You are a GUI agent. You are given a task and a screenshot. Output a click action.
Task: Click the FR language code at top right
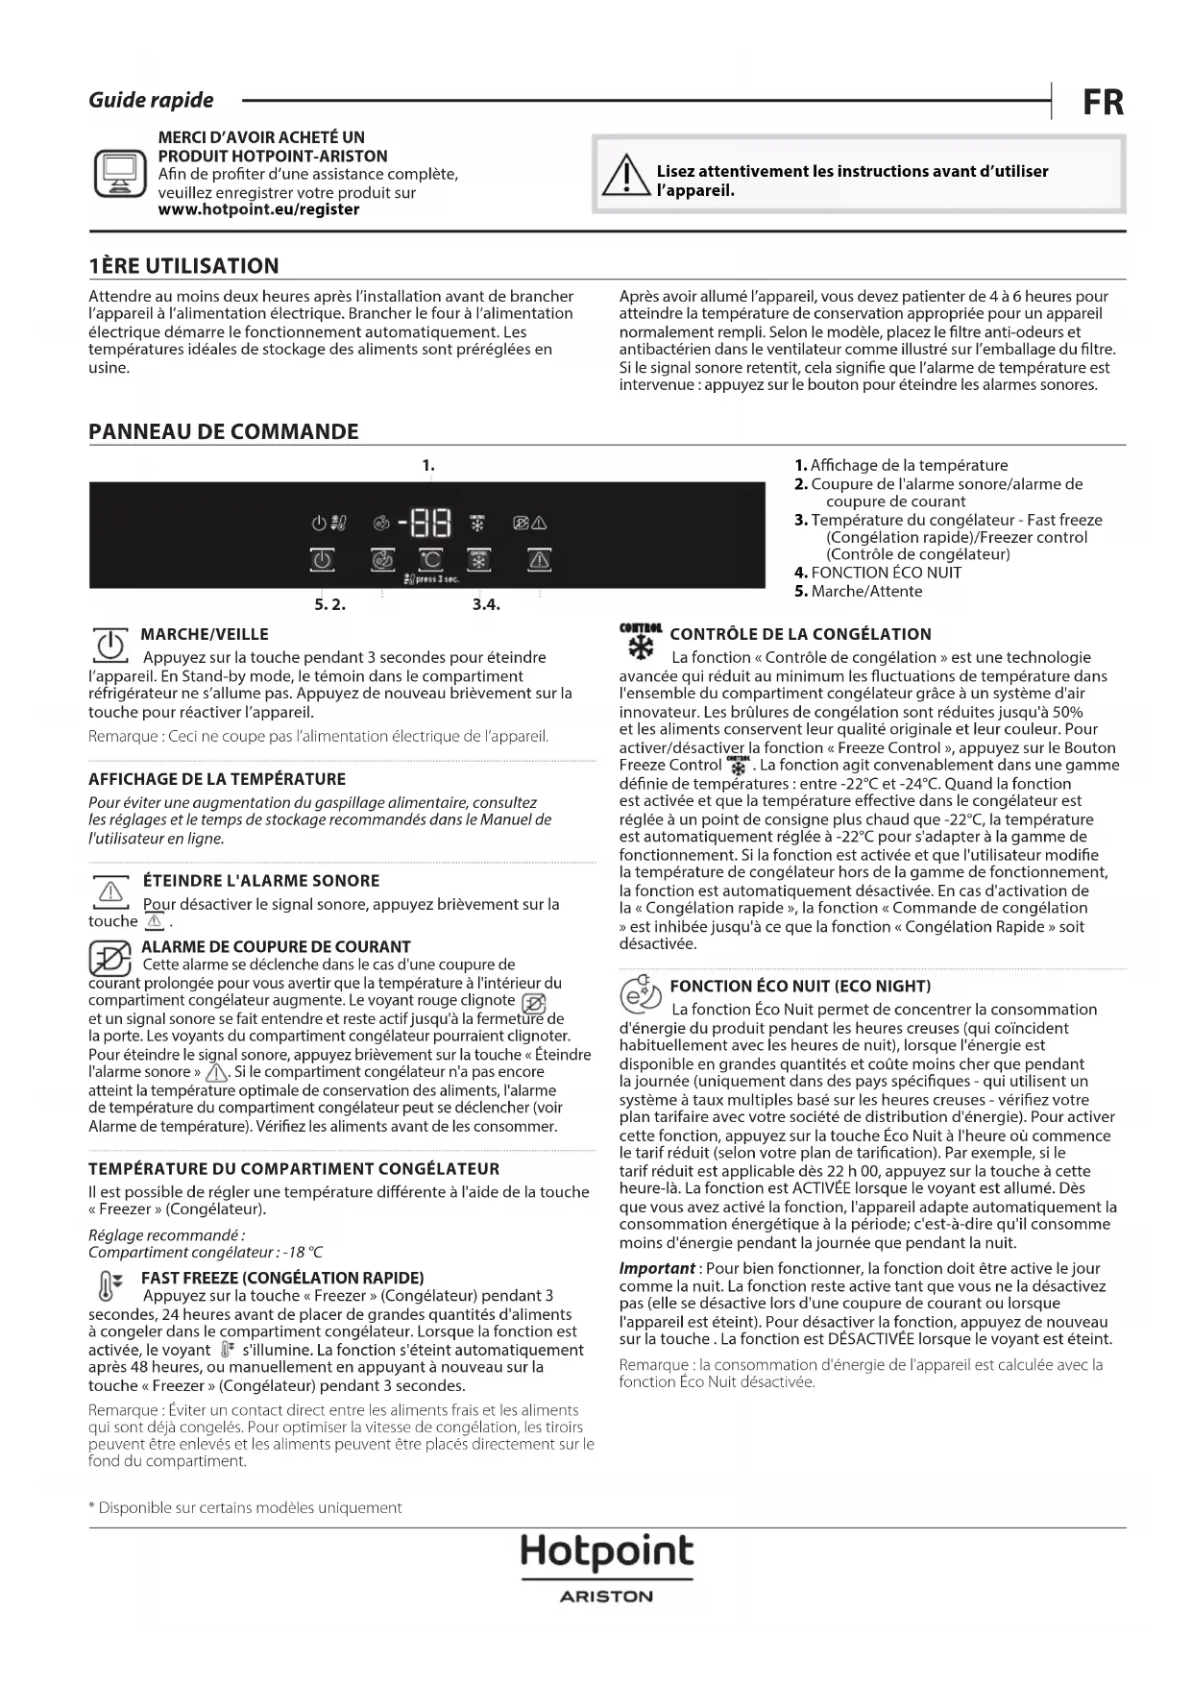click(1103, 102)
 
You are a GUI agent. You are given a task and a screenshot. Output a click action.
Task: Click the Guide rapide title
click(151, 100)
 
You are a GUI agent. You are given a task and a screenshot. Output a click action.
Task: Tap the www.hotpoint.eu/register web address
click(258, 209)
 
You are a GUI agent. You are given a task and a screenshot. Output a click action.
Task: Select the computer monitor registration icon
click(120, 174)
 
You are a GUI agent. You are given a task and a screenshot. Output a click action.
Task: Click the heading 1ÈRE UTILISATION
click(183, 266)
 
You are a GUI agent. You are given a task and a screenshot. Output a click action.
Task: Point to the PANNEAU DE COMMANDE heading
click(223, 431)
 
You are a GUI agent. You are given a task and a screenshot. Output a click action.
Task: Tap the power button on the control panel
click(322, 559)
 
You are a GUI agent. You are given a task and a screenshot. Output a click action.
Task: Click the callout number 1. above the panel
click(428, 465)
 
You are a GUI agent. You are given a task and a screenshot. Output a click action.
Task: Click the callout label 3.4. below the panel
click(486, 604)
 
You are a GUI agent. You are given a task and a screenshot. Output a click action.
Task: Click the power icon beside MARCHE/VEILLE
click(110, 645)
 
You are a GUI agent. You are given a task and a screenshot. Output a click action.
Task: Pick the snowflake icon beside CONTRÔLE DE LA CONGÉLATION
click(640, 643)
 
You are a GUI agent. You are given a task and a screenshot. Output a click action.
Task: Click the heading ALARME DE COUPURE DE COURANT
click(276, 946)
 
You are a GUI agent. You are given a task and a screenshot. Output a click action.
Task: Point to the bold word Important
click(656, 1268)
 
